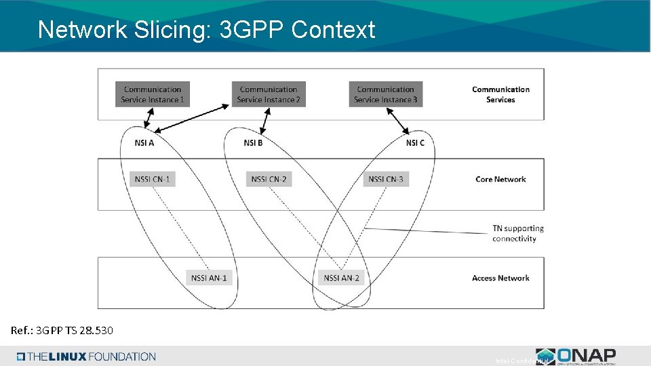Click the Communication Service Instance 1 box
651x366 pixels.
153,94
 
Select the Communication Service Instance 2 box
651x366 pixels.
269,94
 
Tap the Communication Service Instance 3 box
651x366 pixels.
385,94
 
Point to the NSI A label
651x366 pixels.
144,142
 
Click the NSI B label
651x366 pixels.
253,142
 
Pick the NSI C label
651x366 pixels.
415,142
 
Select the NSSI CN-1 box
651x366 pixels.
152,179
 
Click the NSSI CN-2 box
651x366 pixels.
269,179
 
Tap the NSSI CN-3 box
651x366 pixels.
385,179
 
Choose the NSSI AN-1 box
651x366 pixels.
208,278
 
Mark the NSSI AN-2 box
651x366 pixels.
341,278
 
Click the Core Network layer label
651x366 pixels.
500,179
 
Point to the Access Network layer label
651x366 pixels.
500,278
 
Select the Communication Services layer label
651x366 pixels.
500,94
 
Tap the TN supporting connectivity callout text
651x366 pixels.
517,233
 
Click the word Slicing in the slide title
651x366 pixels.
170,30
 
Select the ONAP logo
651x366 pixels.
576,357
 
